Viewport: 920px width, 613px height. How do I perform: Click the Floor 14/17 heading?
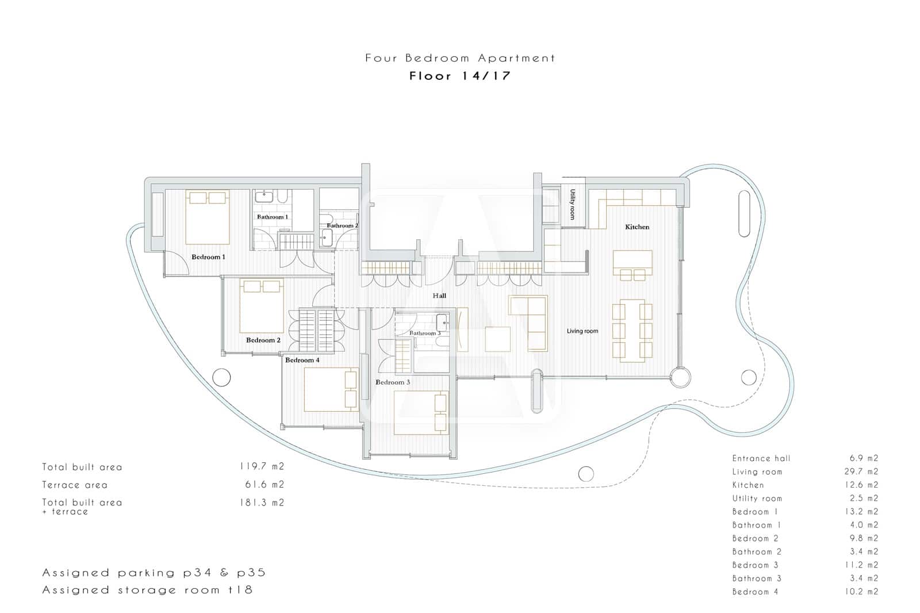(460, 76)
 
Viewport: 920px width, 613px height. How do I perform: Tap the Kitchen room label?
(637, 227)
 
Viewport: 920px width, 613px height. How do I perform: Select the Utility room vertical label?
(573, 204)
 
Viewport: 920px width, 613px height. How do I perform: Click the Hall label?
(439, 296)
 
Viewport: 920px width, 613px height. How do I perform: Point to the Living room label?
(582, 331)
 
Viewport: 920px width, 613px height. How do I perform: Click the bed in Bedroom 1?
(208, 217)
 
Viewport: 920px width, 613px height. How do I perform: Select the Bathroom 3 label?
(425, 334)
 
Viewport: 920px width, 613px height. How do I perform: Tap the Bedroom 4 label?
(302, 361)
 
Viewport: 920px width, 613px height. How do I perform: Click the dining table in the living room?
(632, 331)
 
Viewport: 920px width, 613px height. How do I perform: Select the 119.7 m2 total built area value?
(262, 467)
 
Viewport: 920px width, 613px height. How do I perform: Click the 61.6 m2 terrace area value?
(264, 485)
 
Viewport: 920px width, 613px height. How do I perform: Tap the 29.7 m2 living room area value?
(864, 472)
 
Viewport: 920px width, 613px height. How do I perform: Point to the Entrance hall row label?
(761, 458)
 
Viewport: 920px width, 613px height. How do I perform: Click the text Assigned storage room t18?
(147, 590)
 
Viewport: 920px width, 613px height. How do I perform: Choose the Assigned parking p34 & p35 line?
(154, 573)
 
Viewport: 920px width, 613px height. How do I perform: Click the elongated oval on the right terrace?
(744, 213)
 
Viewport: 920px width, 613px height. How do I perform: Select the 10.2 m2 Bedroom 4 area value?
(864, 591)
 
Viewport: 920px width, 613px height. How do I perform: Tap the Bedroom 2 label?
(263, 340)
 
